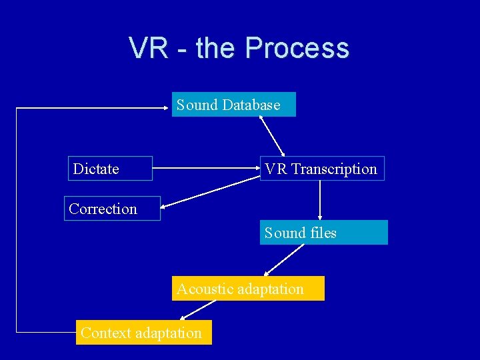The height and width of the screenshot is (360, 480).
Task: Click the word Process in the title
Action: coord(297,48)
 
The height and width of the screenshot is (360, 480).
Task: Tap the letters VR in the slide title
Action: coord(149,48)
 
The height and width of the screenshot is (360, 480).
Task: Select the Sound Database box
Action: coord(233,105)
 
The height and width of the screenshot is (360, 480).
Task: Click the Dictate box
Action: coord(110,169)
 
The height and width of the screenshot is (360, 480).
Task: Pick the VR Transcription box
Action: coord(321,169)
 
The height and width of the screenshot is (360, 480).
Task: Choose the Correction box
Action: coord(112,209)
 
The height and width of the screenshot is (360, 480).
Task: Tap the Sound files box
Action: coord(323,233)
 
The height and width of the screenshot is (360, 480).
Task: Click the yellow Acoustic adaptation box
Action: coord(248,289)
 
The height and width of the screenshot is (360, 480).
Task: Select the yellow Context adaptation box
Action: coord(144,332)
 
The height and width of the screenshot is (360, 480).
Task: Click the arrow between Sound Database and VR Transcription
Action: coord(272,137)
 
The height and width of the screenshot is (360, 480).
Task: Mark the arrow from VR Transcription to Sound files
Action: coord(320,200)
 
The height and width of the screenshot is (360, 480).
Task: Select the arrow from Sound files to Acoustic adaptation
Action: coord(283,260)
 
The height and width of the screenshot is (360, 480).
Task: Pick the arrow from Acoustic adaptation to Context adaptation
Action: coord(198,310)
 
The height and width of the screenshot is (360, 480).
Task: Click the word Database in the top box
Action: coord(251,105)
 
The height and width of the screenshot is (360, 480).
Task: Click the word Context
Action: coord(105,332)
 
